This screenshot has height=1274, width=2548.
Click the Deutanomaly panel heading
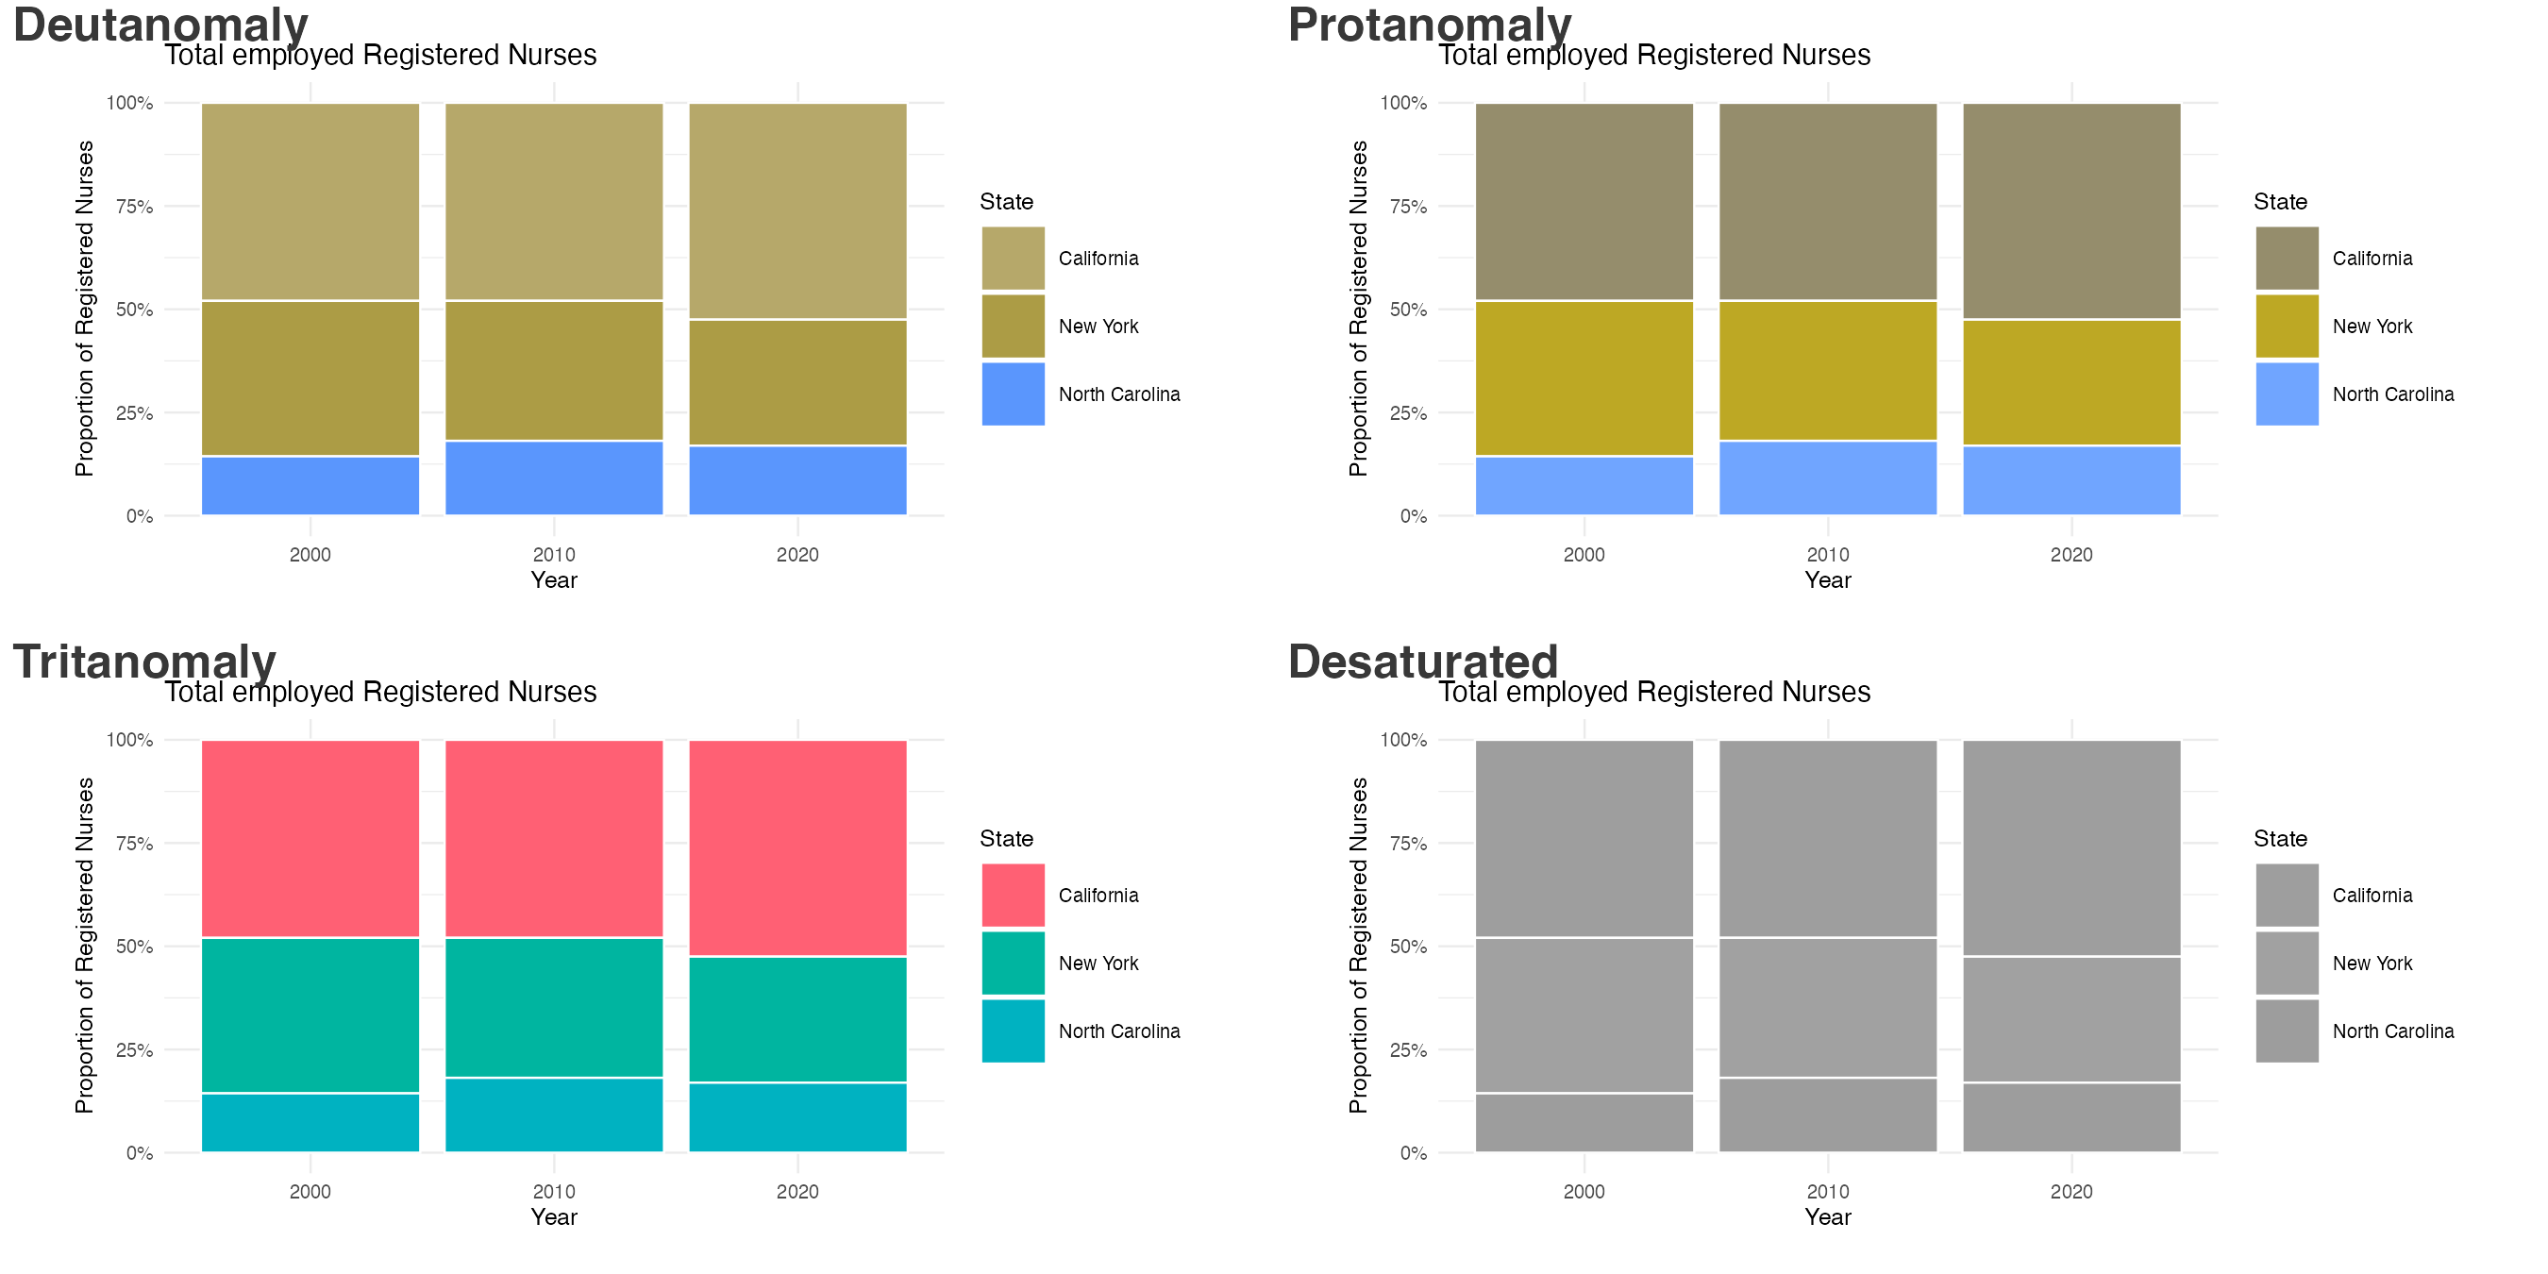click(x=160, y=24)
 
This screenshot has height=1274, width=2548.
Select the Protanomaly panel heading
click(x=1430, y=24)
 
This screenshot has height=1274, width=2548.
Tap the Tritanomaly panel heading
click(x=144, y=661)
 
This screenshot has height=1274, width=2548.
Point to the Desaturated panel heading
click(x=1422, y=661)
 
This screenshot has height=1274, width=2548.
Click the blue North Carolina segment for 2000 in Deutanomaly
click(x=310, y=486)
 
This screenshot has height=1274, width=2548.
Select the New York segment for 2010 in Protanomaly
click(x=1827, y=371)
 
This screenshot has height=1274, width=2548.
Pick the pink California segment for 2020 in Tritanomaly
click(x=797, y=847)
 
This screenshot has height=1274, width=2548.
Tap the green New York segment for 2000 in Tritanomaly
click(x=310, y=1014)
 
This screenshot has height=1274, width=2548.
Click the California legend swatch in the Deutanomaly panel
click(x=1013, y=259)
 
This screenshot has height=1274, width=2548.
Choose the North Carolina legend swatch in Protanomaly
click(x=2286, y=394)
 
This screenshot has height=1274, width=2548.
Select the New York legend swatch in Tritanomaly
click(x=1013, y=963)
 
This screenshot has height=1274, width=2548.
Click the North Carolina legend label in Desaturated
click(x=2392, y=1031)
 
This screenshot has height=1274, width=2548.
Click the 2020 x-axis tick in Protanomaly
click(x=2070, y=555)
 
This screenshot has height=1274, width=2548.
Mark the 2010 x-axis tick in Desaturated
click(x=1827, y=1192)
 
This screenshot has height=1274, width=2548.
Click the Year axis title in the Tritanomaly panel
click(x=553, y=1217)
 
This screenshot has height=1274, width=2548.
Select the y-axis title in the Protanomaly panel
click(x=1358, y=309)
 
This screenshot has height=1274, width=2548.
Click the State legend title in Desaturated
click(x=2280, y=839)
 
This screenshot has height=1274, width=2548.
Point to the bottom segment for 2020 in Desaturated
click(x=2070, y=1117)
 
